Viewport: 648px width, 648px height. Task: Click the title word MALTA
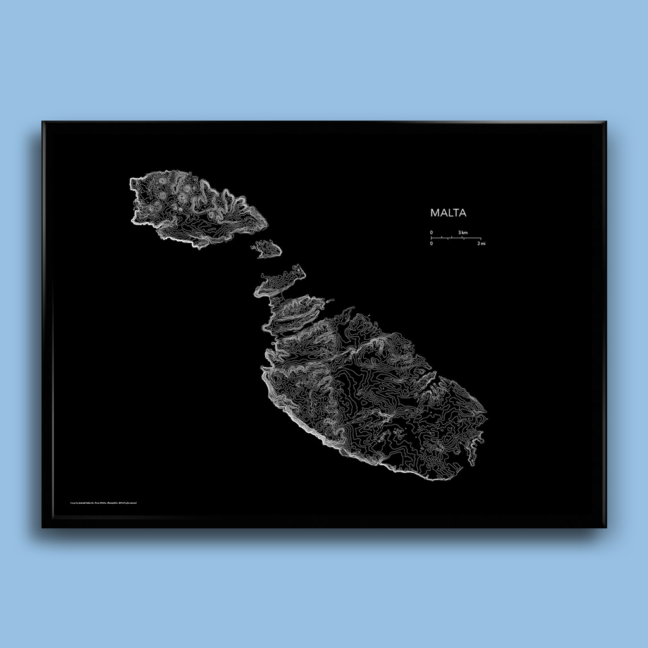tap(448, 213)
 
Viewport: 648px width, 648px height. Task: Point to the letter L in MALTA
tap(449, 213)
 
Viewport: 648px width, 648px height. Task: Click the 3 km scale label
tap(463, 232)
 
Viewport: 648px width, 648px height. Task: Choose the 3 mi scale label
tap(482, 243)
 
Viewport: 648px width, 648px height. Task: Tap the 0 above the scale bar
tap(432, 232)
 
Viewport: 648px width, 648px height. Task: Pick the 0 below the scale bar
tap(432, 243)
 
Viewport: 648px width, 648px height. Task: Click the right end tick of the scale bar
tap(481, 238)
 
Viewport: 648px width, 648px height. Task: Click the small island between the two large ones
tap(268, 248)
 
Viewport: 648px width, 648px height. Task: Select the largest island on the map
tap(373, 392)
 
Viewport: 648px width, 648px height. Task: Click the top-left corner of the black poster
tap(43, 121)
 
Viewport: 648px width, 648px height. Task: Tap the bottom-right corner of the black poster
tap(606, 527)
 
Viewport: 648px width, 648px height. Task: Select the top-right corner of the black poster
tap(606, 121)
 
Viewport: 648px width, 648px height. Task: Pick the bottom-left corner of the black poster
tap(43, 527)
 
